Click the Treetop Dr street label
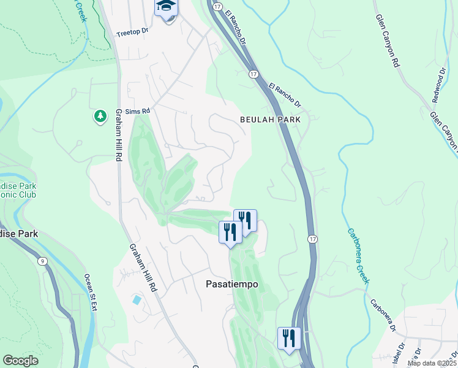pyautogui.click(x=132, y=31)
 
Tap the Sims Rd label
pyautogui.click(x=137, y=112)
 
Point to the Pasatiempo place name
pyautogui.click(x=231, y=285)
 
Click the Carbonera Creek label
pyautogui.click(x=358, y=256)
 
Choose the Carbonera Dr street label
pyautogui.click(x=383, y=316)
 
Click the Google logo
pyautogui.click(x=20, y=361)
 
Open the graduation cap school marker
pyautogui.click(x=166, y=7)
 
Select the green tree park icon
pyautogui.click(x=100, y=116)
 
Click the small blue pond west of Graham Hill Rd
pyautogui.click(x=136, y=301)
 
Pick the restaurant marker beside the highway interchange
pyautogui.click(x=289, y=338)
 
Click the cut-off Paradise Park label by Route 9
pyautogui.click(x=18, y=234)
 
